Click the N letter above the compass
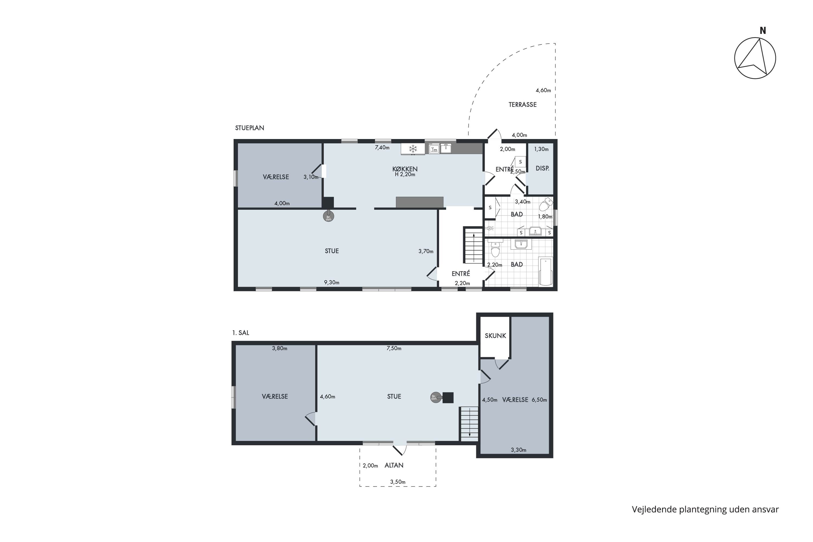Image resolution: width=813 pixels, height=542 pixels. click(763, 31)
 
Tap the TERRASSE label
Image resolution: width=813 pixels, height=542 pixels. click(522, 104)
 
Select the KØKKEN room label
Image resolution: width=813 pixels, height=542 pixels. click(405, 169)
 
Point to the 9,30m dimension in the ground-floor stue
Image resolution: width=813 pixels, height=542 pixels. click(331, 282)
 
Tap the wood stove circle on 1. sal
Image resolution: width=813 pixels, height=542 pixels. click(435, 398)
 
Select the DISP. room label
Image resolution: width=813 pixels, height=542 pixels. click(542, 168)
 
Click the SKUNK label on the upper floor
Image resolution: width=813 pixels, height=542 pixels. click(495, 336)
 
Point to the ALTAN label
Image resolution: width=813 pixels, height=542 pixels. click(394, 465)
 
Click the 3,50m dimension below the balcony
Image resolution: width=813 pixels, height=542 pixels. click(398, 482)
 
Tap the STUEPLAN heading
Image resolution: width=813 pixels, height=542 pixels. click(250, 128)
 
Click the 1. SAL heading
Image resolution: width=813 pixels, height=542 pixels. click(241, 333)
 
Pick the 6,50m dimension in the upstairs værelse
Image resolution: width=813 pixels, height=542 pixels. click(539, 400)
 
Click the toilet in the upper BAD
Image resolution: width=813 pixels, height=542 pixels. click(545, 205)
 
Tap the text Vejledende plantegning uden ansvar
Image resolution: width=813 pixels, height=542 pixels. click(705, 509)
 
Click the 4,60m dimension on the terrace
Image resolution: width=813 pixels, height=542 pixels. click(543, 91)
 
